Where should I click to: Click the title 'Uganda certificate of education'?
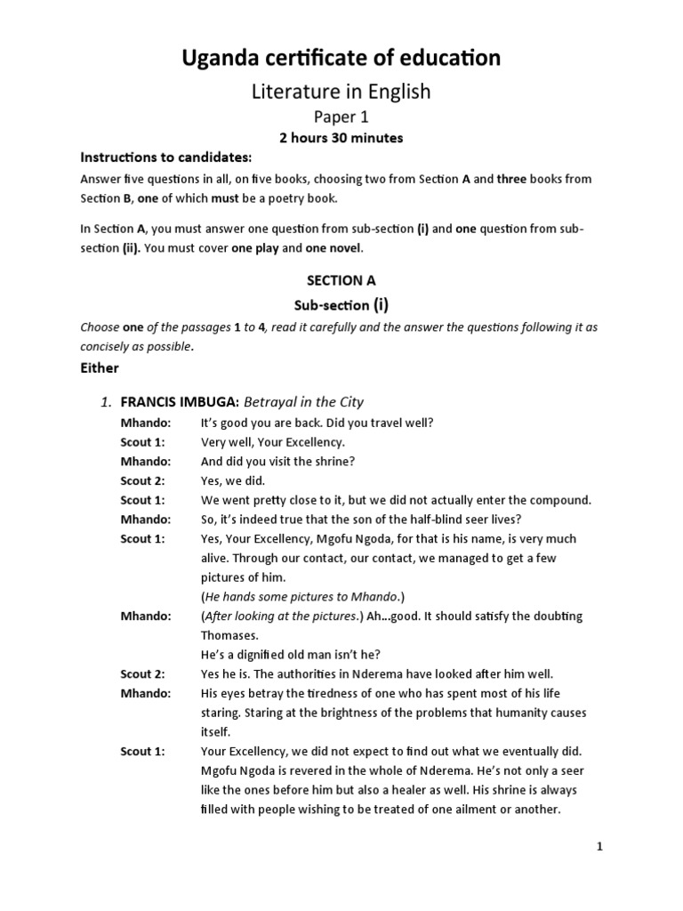[x=341, y=59]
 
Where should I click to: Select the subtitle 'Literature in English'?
[x=341, y=91]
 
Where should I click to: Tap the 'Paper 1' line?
[x=341, y=117]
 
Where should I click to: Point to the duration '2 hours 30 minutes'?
[x=341, y=138]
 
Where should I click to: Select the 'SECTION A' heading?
[x=341, y=280]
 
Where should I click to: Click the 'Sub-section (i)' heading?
[x=341, y=305]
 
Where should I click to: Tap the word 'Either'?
[x=100, y=367]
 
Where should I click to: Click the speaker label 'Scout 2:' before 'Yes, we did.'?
[x=142, y=480]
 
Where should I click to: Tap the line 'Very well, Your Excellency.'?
[x=272, y=442]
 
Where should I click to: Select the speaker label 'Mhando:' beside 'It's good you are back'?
[x=145, y=423]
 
